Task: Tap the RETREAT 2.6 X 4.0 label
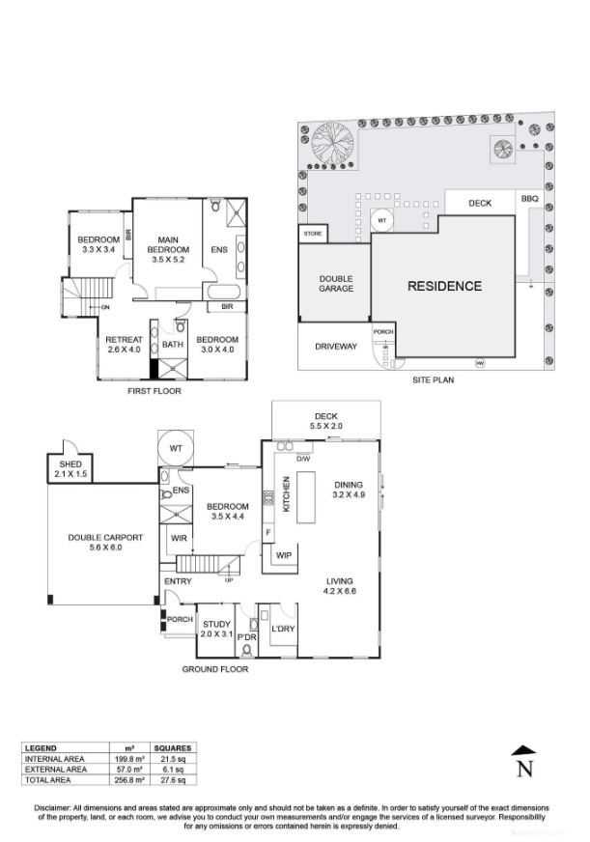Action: pos(124,345)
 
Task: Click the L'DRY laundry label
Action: pos(282,630)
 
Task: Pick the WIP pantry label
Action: pos(284,555)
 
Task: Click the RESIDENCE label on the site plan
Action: pos(443,286)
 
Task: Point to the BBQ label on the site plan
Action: pos(530,199)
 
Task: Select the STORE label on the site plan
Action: pos(313,233)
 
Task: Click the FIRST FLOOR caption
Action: pos(154,391)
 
